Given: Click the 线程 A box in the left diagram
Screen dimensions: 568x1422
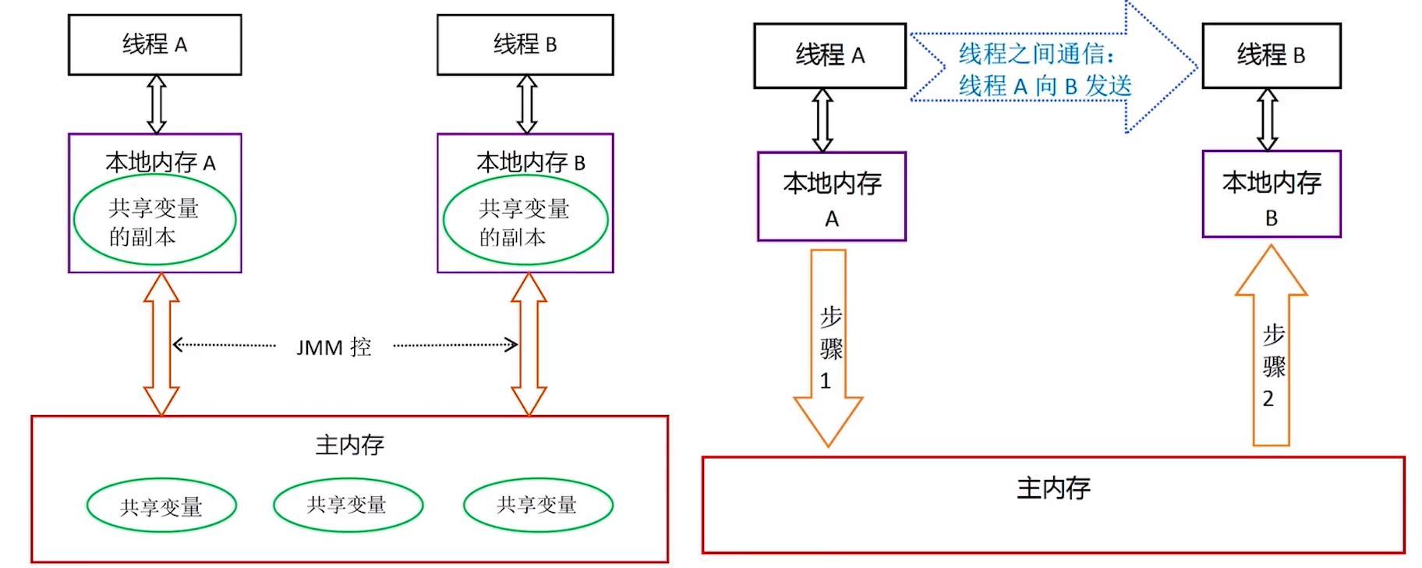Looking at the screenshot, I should click(154, 44).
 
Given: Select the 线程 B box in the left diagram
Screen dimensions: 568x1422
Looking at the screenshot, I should click(525, 44).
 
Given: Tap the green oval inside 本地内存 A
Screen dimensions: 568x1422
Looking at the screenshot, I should click(154, 221).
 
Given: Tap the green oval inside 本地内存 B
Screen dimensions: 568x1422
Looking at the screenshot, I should click(525, 221).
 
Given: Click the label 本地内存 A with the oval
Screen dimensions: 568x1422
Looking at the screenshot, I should click(160, 162).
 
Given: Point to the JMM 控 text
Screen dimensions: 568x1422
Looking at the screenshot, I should click(334, 346).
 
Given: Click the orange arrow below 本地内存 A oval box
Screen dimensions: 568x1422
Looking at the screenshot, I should click(161, 344).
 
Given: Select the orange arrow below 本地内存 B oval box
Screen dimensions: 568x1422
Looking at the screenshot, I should click(529, 344).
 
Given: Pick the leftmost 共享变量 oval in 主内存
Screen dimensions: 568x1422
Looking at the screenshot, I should click(161, 506).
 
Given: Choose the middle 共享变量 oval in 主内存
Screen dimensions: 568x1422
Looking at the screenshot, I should click(348, 505).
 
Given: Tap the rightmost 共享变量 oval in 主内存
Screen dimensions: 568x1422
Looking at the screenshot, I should click(538, 505).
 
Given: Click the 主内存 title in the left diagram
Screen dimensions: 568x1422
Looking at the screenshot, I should click(349, 445).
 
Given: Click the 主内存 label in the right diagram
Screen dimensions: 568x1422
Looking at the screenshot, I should click(1052, 488).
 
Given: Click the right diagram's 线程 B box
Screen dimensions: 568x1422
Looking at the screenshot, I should click(1271, 55).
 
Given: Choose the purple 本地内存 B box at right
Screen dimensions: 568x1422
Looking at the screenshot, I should click(1271, 194).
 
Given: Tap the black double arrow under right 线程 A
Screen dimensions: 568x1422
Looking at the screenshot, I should click(822, 120).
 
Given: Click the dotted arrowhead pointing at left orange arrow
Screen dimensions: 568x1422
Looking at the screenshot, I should click(178, 345).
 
